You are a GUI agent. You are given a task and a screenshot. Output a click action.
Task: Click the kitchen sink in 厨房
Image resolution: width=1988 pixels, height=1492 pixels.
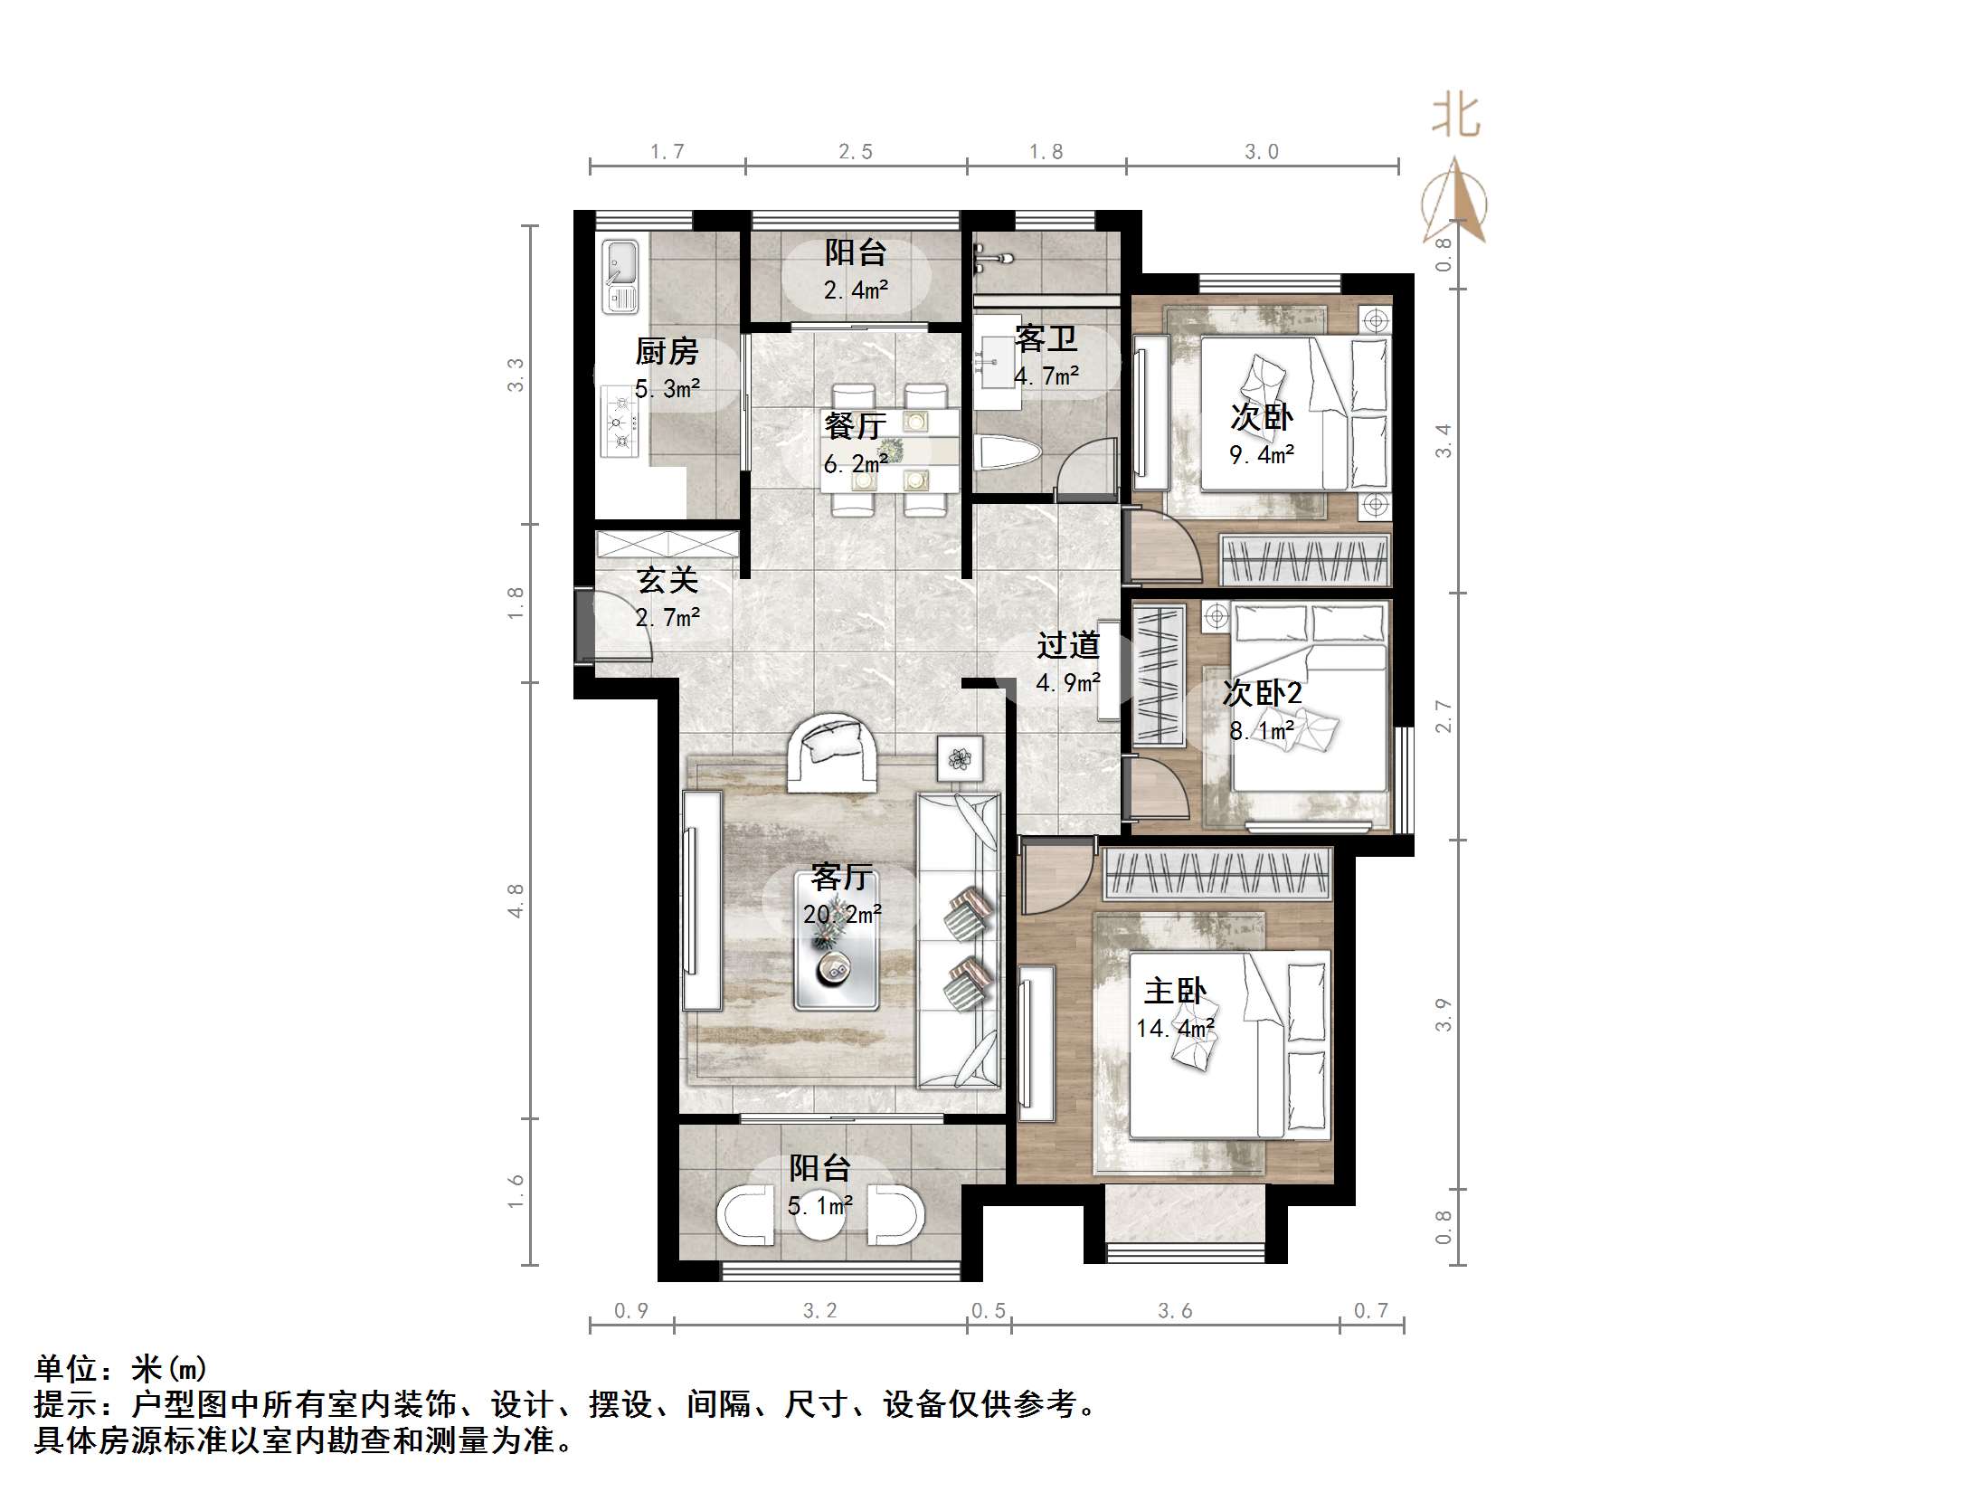620,275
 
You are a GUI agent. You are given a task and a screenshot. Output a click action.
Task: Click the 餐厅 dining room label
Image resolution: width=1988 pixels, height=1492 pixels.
854,424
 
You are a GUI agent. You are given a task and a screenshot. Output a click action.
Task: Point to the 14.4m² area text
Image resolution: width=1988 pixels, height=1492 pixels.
1175,1028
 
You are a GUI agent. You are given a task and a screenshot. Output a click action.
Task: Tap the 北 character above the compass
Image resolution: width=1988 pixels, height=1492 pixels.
1455,116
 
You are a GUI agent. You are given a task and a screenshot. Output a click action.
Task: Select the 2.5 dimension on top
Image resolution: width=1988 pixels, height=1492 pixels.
856,152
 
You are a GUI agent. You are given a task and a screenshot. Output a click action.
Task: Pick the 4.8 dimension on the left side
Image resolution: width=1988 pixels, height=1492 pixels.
516,900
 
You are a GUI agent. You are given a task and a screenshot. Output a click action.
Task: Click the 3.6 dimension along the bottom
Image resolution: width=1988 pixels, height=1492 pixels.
1175,1310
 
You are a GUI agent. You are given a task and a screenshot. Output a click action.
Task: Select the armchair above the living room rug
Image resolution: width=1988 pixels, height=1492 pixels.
832,752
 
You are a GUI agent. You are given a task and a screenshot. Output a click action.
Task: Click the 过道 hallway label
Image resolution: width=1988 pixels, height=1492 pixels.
1068,645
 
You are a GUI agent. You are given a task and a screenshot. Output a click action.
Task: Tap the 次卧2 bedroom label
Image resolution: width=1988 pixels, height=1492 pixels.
1262,693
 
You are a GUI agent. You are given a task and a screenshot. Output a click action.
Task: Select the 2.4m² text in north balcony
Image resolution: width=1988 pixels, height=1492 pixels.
856,290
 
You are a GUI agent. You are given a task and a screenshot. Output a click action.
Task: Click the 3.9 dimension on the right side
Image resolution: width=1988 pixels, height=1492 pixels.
1444,1013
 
